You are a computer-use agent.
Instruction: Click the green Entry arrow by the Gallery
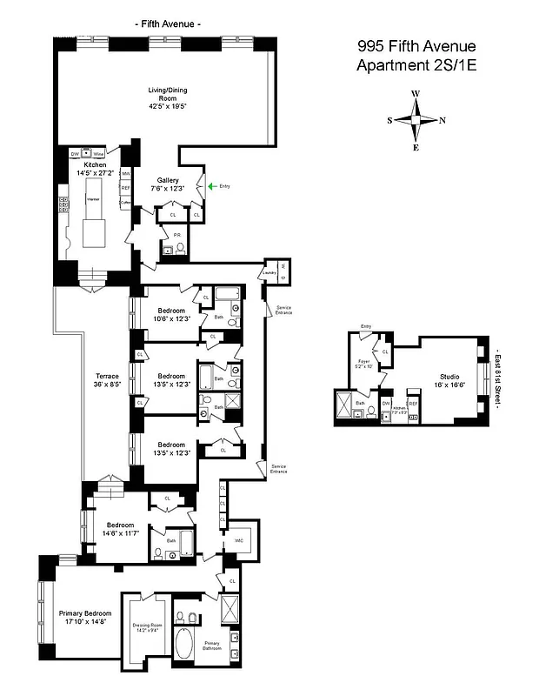tap(210, 185)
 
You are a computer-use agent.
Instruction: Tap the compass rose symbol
tap(416, 121)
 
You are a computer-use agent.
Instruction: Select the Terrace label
tap(107, 379)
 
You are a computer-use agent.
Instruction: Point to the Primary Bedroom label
tap(83, 617)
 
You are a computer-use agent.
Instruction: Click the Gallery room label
tap(168, 184)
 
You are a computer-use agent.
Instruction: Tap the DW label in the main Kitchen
tap(75, 154)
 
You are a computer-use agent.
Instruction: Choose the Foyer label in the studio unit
tap(364, 363)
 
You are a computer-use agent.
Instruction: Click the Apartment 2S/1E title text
tap(416, 65)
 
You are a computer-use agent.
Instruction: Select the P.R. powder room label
tap(176, 235)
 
